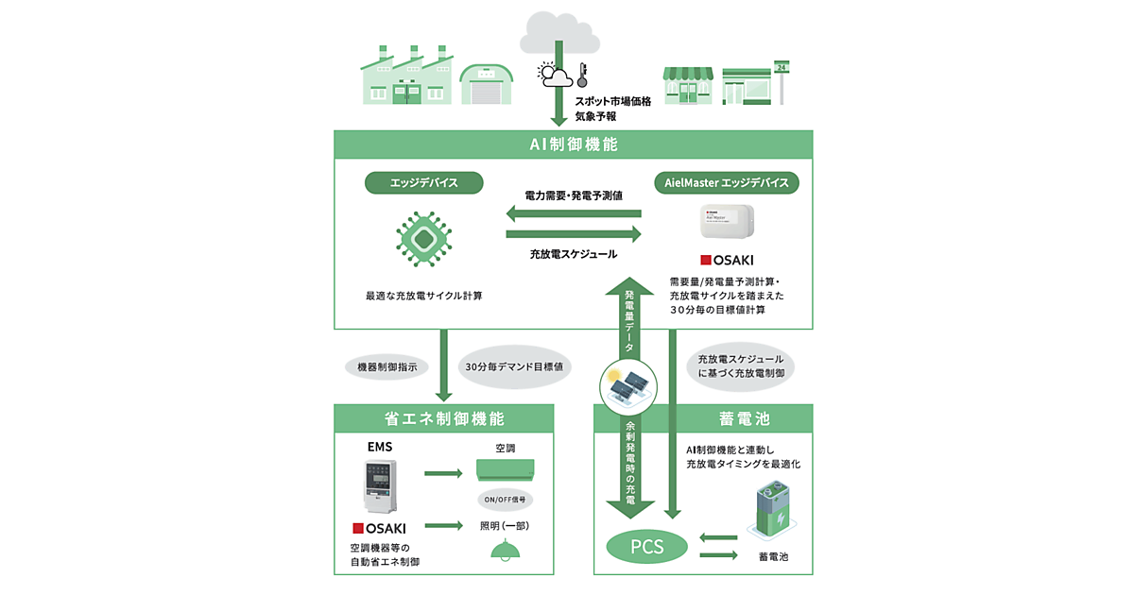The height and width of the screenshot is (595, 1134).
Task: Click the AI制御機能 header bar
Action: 574,144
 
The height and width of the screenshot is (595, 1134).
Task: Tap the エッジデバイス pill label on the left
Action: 424,181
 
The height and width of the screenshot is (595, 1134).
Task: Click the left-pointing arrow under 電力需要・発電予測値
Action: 574,212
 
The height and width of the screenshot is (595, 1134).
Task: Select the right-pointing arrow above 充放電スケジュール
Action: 574,234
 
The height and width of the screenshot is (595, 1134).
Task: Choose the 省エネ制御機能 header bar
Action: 444,418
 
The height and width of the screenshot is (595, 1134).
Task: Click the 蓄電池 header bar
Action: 702,418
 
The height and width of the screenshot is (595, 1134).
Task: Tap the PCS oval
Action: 647,546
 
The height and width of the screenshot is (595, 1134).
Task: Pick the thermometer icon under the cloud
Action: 583,75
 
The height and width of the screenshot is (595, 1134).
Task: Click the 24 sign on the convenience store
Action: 782,67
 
